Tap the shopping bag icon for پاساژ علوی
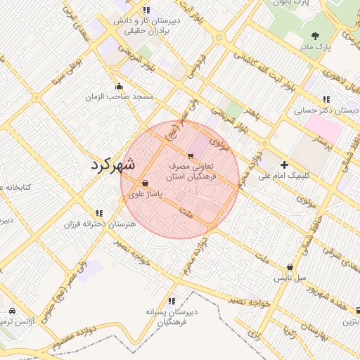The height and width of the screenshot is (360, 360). pyautogui.click(x=145, y=183)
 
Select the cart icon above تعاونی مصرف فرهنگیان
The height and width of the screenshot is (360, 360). pyautogui.click(x=191, y=155)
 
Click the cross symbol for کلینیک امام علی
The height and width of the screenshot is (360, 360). pyautogui.click(x=284, y=165)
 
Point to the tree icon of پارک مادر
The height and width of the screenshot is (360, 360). pyautogui.click(x=314, y=35)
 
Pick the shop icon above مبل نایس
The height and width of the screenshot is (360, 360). pyautogui.click(x=290, y=267)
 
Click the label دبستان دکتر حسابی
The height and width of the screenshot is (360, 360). pyautogui.click(x=326, y=110)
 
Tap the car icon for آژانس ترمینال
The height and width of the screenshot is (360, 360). pyautogui.click(x=12, y=311)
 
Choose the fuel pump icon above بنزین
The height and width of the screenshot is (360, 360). pyautogui.click(x=356, y=310)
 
